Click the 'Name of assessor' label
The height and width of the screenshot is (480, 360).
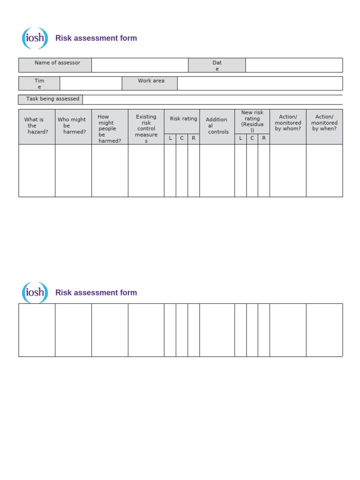click(57, 63)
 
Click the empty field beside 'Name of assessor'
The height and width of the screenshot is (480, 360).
click(140, 65)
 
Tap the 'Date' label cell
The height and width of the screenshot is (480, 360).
click(217, 66)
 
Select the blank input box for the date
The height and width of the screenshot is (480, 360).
click(294, 65)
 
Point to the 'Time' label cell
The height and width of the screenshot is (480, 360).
click(39, 83)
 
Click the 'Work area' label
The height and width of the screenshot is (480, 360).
click(151, 81)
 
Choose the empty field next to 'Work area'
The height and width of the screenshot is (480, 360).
click(260, 83)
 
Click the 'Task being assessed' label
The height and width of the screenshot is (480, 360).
click(52, 99)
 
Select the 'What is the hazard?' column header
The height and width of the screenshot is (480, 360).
click(37, 126)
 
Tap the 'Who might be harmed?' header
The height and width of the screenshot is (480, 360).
click(72, 126)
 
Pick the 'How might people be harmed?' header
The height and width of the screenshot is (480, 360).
click(109, 128)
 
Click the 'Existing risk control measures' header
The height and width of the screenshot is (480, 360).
click(146, 128)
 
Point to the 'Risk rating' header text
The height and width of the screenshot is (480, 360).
click(183, 119)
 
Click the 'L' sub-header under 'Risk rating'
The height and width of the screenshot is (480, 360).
click(170, 139)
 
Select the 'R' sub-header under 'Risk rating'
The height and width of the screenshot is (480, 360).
click(193, 139)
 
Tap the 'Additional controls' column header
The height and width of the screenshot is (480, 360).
click(217, 126)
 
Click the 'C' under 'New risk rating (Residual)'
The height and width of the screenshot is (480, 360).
click(252, 138)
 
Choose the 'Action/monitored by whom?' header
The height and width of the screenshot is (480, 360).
click(288, 123)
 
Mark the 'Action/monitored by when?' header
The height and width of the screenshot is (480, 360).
click(324, 123)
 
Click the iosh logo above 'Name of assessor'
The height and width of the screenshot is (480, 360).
click(35, 38)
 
